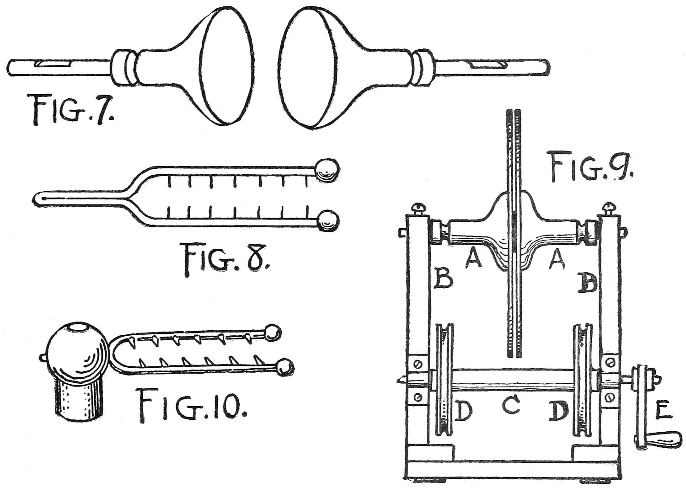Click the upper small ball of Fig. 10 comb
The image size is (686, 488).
pyautogui.click(x=272, y=332)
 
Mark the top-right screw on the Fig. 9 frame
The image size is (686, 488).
pyautogui.click(x=611, y=209)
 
